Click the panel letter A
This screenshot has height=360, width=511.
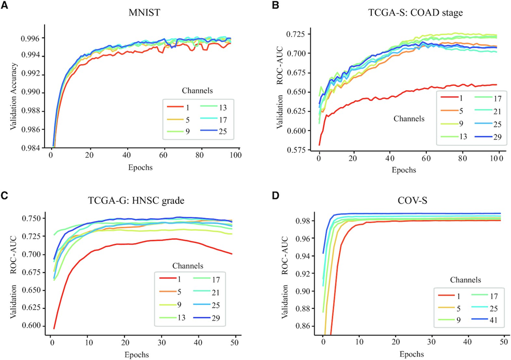point(5,6)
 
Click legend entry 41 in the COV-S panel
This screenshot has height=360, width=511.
point(488,318)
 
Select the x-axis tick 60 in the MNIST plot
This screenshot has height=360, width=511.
point(163,155)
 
